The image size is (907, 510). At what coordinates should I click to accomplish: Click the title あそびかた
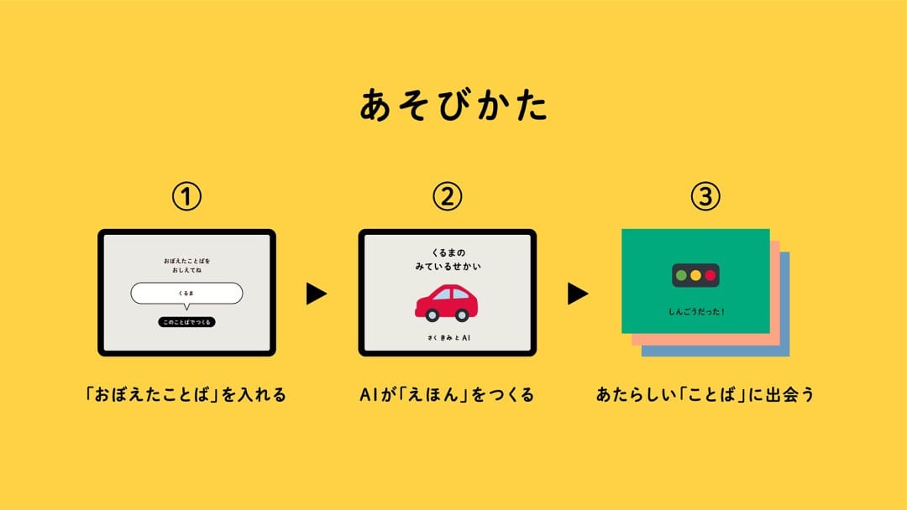tap(453, 105)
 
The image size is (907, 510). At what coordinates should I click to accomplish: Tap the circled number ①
tap(186, 197)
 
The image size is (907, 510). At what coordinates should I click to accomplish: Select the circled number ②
tap(447, 196)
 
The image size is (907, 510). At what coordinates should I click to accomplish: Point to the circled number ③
tap(705, 196)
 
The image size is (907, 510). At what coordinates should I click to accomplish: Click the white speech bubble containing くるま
tap(186, 294)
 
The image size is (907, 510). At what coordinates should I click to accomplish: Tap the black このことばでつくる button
tap(186, 322)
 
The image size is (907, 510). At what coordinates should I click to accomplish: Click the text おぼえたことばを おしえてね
tap(186, 265)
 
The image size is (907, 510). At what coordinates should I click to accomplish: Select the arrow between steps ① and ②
tap(316, 294)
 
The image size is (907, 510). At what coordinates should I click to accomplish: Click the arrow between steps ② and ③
tap(577, 294)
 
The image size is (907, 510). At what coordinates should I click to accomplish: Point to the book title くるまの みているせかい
tap(448, 259)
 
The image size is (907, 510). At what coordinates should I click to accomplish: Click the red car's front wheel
tap(462, 315)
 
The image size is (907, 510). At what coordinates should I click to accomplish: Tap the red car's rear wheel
tap(433, 315)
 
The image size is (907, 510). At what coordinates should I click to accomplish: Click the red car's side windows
tap(452, 294)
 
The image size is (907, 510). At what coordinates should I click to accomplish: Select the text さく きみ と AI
tap(448, 338)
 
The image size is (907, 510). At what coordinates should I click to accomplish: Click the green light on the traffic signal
tap(681, 275)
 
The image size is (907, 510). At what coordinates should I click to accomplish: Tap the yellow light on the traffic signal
tap(696, 275)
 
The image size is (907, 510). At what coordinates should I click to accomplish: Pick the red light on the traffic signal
tap(710, 275)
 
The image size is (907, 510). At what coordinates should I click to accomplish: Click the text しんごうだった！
tap(696, 312)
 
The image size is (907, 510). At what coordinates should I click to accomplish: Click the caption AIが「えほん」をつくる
tap(447, 394)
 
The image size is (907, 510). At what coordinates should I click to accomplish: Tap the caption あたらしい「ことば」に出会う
tap(705, 394)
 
